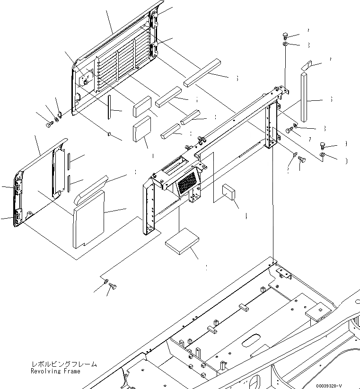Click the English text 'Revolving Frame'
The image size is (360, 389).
click(55, 371)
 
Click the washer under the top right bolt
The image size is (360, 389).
click(286, 44)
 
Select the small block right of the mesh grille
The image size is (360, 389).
click(229, 193)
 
